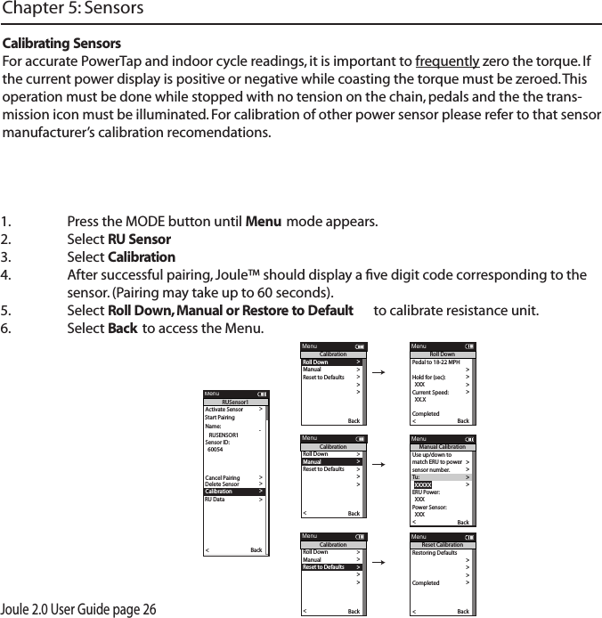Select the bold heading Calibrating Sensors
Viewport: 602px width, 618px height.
pos(63,44)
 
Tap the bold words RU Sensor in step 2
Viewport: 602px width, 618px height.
pos(139,240)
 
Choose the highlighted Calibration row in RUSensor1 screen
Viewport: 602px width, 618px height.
pos(234,491)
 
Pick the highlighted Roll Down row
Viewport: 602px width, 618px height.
pos(331,362)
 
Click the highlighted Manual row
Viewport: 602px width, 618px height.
pos(331,461)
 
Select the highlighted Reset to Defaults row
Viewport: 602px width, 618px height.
pos(331,566)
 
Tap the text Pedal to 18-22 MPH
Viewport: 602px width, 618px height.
pos(435,362)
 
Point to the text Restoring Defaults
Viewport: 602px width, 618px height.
pos(435,553)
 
